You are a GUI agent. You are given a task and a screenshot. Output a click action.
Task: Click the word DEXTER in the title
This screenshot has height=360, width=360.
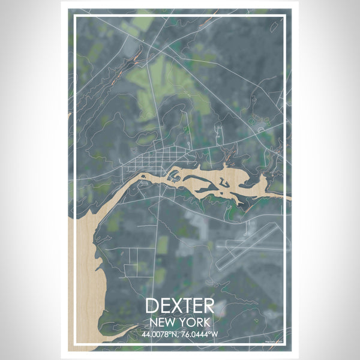pyautogui.click(x=179, y=305)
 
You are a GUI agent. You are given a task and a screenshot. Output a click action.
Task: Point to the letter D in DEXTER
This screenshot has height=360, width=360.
pyautogui.click(x=152, y=305)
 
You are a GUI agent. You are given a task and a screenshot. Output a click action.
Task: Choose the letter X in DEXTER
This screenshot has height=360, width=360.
pyautogui.click(x=179, y=305)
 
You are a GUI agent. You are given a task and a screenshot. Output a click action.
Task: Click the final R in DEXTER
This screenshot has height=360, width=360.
pyautogui.click(x=207, y=305)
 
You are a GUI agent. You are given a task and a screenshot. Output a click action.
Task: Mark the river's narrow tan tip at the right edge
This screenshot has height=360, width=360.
pyautogui.click(x=287, y=197)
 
